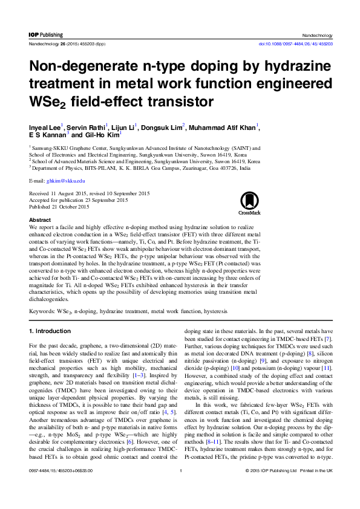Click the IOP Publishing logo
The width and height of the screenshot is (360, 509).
[46, 35]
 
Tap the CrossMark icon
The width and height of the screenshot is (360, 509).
[249, 203]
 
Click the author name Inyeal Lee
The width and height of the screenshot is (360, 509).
[44, 127]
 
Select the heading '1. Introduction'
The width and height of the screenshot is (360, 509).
[54, 331]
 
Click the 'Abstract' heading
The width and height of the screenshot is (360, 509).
[40, 220]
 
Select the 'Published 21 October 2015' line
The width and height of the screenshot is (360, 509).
[59, 206]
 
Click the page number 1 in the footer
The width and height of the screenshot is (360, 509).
[180, 487]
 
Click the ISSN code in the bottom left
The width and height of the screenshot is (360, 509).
[61, 487]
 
